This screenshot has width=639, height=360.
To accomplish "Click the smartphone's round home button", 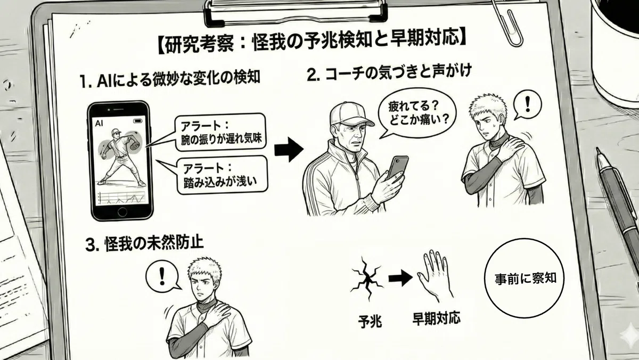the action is [x=122, y=212].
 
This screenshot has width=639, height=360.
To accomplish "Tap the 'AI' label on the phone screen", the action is [x=99, y=124].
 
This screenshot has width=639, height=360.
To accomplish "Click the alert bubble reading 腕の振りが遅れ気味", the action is [x=220, y=132].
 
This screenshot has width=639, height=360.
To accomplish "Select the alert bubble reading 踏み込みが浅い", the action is [x=222, y=175].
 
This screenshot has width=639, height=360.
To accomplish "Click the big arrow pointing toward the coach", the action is [x=289, y=150].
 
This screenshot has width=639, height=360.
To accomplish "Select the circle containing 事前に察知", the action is [x=525, y=278].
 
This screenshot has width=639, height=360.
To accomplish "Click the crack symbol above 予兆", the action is [x=366, y=279].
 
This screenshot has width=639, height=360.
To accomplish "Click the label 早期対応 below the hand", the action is [x=436, y=318].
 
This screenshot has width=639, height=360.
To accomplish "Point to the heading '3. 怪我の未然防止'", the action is [x=145, y=244].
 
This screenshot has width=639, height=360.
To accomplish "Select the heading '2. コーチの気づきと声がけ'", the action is [x=389, y=72].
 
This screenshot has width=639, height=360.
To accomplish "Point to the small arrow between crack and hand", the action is [x=400, y=277].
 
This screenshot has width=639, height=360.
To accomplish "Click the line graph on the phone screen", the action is [x=122, y=198].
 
